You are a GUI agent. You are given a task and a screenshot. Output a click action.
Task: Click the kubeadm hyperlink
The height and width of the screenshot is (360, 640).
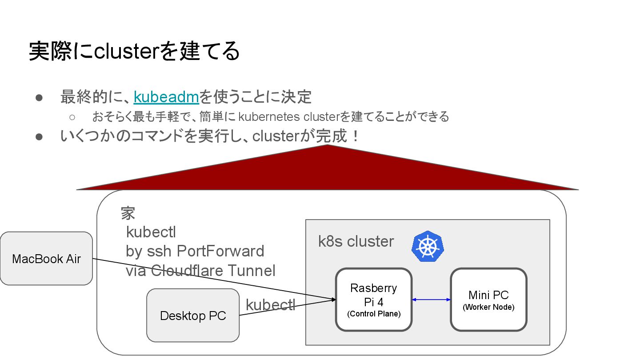click(x=166, y=96)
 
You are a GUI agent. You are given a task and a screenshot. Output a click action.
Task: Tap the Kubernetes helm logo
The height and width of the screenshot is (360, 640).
click(x=428, y=246)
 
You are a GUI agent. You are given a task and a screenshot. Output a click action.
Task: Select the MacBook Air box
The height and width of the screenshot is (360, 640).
click(x=46, y=259)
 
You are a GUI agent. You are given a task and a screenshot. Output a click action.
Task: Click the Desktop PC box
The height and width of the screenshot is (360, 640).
click(x=193, y=316)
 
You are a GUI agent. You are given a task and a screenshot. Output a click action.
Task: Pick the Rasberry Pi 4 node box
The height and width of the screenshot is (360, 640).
click(x=374, y=300)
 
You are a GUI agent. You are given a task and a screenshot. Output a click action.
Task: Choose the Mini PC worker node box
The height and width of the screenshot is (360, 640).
click(x=488, y=300)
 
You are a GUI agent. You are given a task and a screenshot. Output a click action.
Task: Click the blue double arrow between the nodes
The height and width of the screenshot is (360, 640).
click(x=431, y=300)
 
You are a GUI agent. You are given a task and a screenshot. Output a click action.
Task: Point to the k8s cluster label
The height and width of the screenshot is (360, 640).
click(x=356, y=241)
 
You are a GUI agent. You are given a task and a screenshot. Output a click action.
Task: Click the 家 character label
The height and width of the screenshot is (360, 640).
click(x=128, y=213)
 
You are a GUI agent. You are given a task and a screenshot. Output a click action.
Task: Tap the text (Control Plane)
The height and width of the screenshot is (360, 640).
click(x=374, y=314)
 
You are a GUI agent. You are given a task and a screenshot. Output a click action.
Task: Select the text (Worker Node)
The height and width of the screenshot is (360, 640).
click(x=488, y=307)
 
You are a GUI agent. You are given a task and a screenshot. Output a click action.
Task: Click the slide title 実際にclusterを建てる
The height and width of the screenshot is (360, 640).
click(x=134, y=51)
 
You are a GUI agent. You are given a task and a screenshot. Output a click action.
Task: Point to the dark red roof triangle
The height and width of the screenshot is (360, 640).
click(x=328, y=171)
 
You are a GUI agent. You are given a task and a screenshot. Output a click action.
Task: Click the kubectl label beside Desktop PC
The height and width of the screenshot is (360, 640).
click(x=270, y=305)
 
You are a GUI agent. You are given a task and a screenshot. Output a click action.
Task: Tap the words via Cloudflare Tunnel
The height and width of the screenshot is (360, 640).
click(x=200, y=270)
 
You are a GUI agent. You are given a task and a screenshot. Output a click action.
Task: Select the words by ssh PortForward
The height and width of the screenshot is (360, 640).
click(x=195, y=251)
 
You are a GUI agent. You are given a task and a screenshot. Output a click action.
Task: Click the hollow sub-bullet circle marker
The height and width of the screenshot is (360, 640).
click(x=72, y=117)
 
